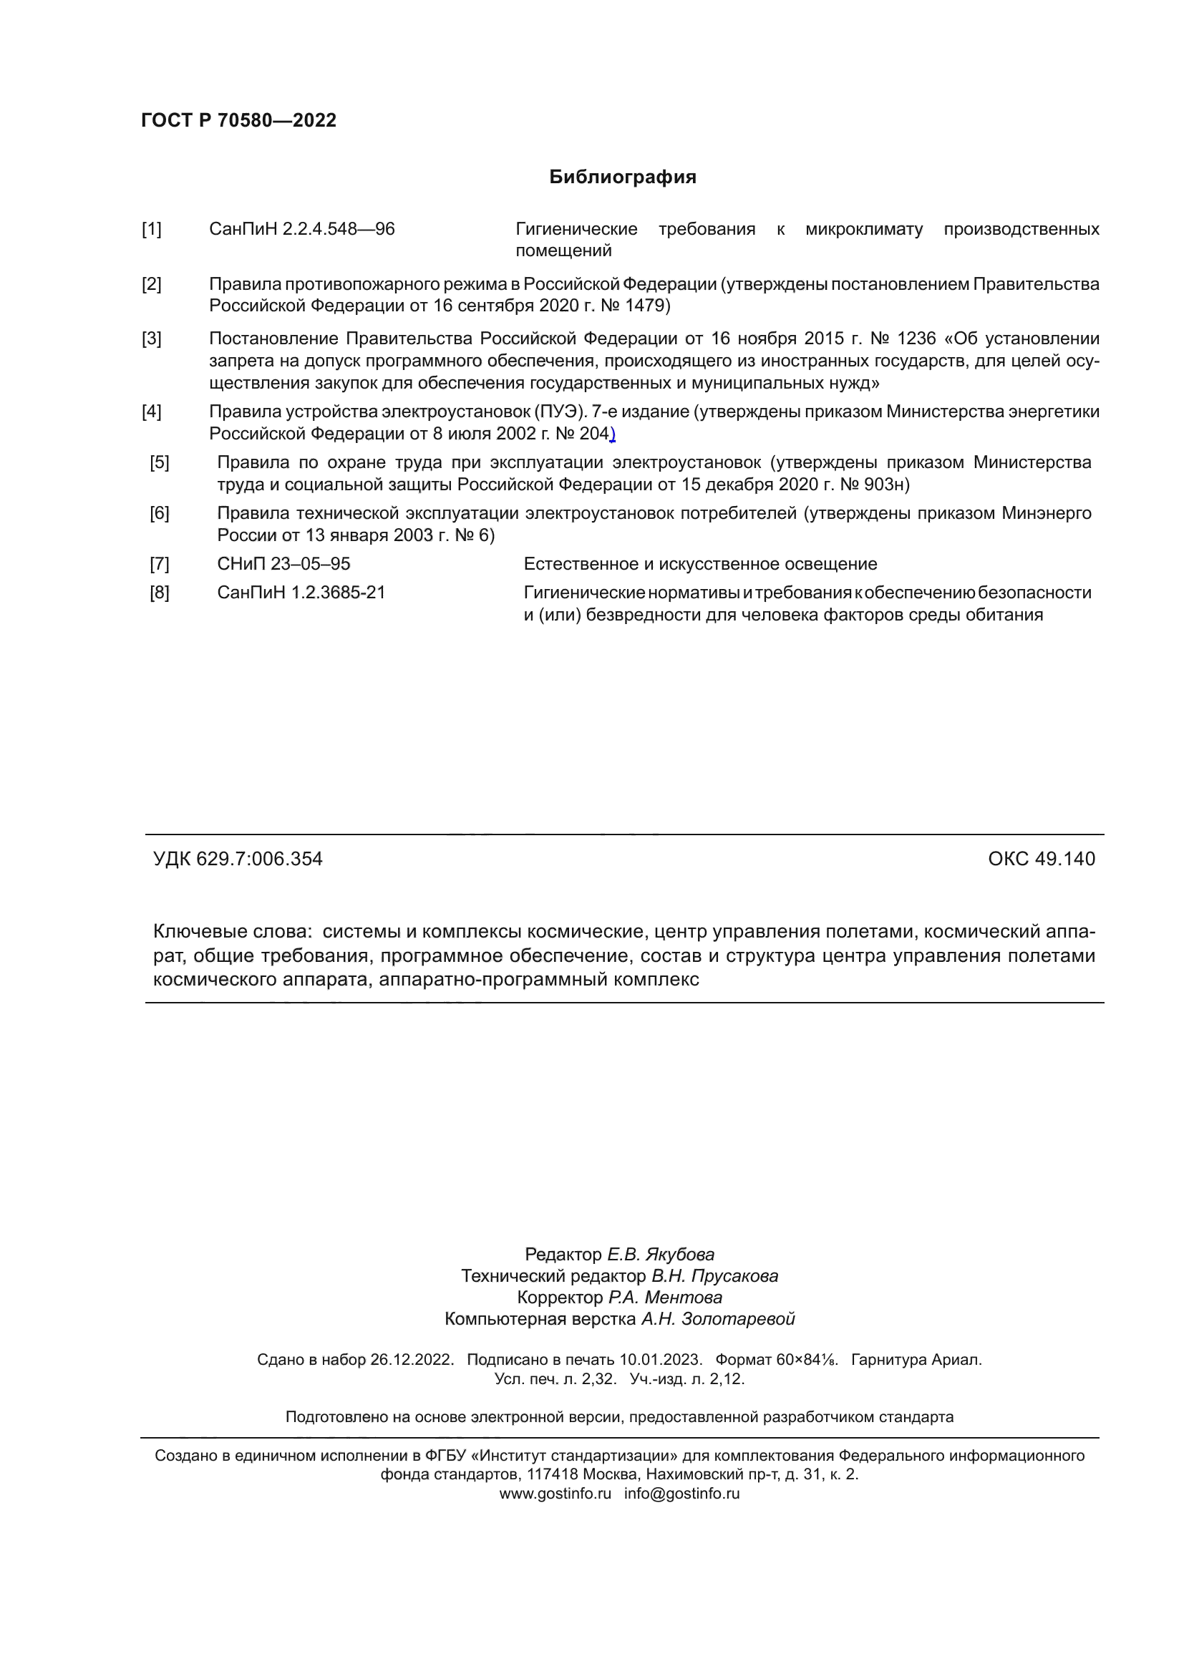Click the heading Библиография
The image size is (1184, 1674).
point(623,177)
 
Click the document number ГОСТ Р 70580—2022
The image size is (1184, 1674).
point(238,120)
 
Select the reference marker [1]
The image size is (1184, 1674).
point(152,230)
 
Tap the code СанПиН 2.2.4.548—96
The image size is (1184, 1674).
point(302,230)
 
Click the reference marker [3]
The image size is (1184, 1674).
point(152,339)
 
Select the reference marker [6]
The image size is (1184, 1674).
point(160,514)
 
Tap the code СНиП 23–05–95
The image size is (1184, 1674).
point(283,564)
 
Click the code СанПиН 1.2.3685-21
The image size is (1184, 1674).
point(301,593)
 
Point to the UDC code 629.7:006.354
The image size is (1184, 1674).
point(259,859)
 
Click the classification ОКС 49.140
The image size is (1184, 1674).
point(1041,859)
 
